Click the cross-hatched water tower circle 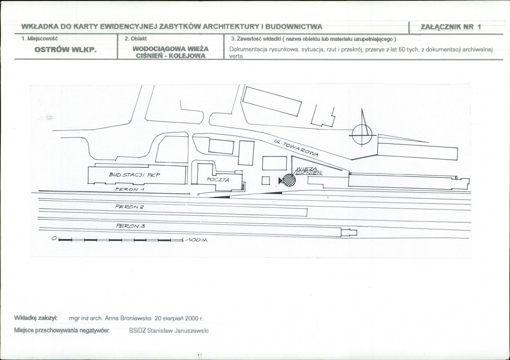(x=288, y=180)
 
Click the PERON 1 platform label (x=130, y=189)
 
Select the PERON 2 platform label (x=129, y=207)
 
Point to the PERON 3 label (x=131, y=226)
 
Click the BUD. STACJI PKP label (x=134, y=175)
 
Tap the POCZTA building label (x=218, y=180)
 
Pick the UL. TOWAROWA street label (x=296, y=148)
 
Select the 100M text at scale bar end (x=196, y=240)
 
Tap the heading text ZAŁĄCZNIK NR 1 (x=451, y=27)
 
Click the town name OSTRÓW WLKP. (x=66, y=50)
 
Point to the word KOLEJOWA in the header (x=189, y=56)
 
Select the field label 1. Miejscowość (x=40, y=38)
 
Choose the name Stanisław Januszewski (x=178, y=331)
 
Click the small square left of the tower (x=266, y=180)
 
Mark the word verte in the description (x=236, y=56)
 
